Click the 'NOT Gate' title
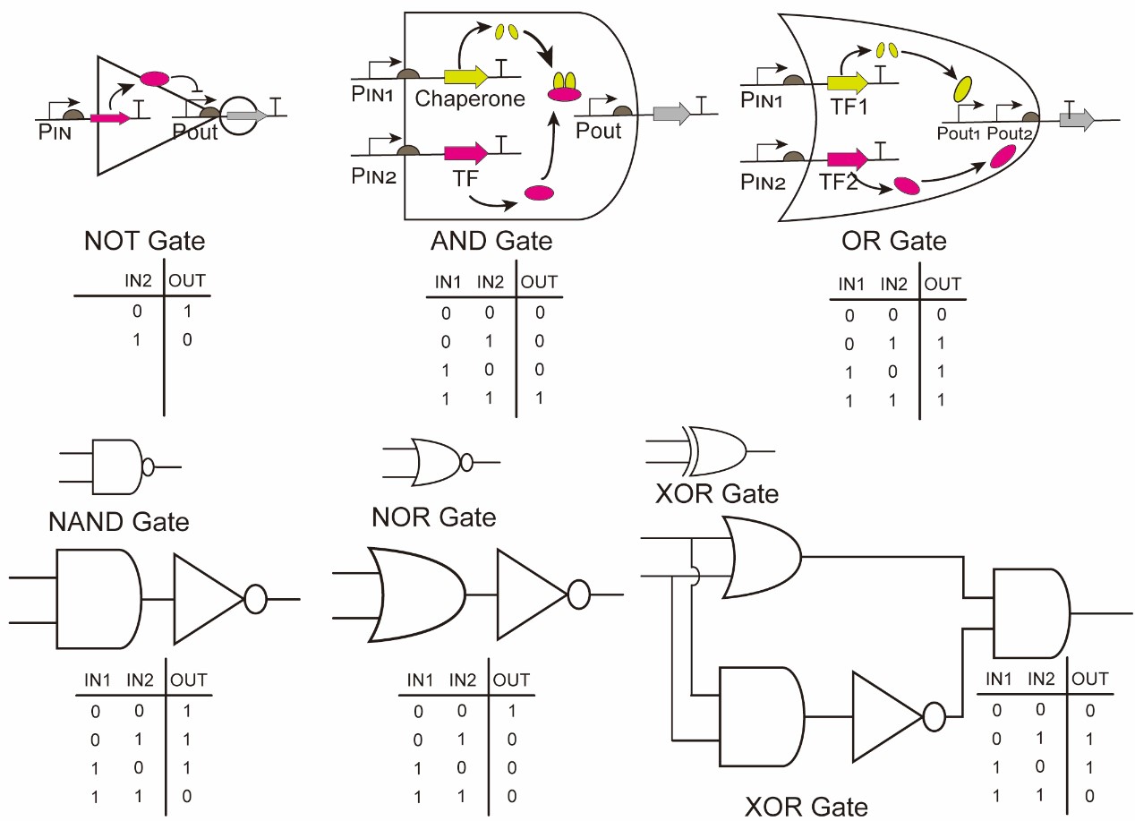144,241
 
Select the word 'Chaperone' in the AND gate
470,98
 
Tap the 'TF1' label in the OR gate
847,102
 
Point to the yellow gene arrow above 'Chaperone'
465,78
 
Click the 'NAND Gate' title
119,521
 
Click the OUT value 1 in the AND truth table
539,399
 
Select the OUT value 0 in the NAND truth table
185,796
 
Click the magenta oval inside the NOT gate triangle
155,79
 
